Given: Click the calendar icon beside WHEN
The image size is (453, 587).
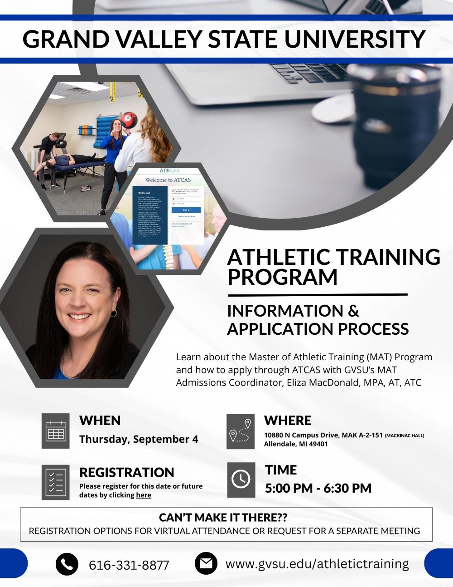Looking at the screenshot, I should coord(56,431).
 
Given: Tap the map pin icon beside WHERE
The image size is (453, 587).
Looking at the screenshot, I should coord(241,431).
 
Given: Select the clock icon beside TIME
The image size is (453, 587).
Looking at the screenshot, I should coord(241,479).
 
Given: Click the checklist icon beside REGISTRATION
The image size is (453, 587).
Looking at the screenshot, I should coord(56,482).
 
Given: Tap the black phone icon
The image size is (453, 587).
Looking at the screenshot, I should coord(67,564).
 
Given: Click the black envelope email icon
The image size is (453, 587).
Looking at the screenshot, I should coord(206,563).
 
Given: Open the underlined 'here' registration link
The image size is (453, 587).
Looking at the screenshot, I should coord(144,495).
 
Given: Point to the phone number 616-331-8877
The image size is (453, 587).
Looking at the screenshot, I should coord(129,565).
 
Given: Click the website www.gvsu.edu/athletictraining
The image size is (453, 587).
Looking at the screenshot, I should coord(317,564).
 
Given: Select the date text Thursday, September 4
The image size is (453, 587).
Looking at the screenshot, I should coord(139,439).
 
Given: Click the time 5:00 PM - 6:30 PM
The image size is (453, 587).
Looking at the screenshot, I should coord(318,488).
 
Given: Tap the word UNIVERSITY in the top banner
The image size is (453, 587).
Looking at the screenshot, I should coord(355,39).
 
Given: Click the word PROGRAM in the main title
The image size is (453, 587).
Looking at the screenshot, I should coord(282,278).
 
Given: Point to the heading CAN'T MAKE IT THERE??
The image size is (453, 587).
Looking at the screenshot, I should coord(223,518).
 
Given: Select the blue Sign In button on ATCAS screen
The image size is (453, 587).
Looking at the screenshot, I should coord(186,210).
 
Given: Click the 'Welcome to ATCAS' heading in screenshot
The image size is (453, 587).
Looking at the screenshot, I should coord(168,180).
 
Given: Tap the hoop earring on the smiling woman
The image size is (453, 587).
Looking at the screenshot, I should coord(114,313).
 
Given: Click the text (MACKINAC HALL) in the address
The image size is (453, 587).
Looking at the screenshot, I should coord(405,435).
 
